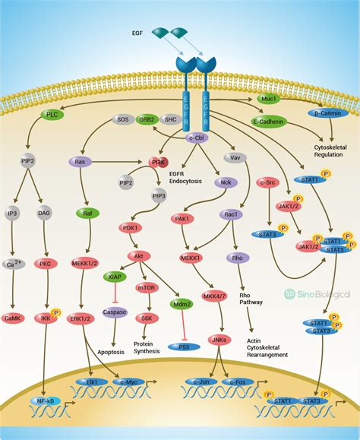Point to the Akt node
(138, 257)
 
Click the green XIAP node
(114, 278)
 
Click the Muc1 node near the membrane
(267, 100)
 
